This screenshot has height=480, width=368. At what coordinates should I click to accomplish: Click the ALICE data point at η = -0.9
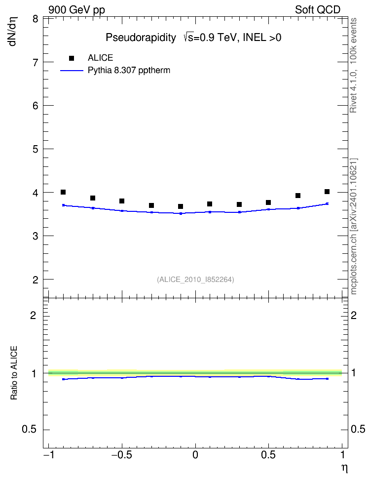pos(63,192)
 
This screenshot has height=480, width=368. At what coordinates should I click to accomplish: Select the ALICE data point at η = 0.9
pos(327,192)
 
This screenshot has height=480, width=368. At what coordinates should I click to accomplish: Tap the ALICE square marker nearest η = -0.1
pos(181,206)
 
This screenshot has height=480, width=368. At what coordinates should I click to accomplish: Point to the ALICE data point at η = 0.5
pos(268,202)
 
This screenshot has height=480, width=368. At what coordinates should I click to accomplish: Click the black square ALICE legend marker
pos(72,58)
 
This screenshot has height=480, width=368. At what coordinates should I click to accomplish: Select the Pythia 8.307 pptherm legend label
pos(129,71)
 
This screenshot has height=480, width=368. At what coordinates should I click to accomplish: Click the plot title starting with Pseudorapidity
pos(193,38)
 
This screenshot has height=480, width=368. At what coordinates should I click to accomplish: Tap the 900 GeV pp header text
pos(76,10)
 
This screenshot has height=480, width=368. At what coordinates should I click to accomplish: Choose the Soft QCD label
pos(318,10)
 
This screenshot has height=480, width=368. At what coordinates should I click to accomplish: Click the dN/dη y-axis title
pos(13,31)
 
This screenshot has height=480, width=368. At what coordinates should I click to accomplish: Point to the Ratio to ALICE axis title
pos(14,373)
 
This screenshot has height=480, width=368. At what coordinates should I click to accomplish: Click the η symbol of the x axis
pos(344,468)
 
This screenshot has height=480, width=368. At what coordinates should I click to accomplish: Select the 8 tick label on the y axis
pos(36,19)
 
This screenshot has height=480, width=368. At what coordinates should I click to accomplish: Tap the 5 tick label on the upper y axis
pos(36,149)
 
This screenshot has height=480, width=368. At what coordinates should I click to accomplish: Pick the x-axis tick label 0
pos(195,455)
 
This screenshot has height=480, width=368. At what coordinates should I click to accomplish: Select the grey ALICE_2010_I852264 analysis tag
pos(195,280)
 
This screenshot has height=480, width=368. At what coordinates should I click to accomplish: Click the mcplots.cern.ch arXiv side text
pos(354,226)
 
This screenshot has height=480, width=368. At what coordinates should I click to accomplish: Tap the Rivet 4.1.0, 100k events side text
pos(353,65)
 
